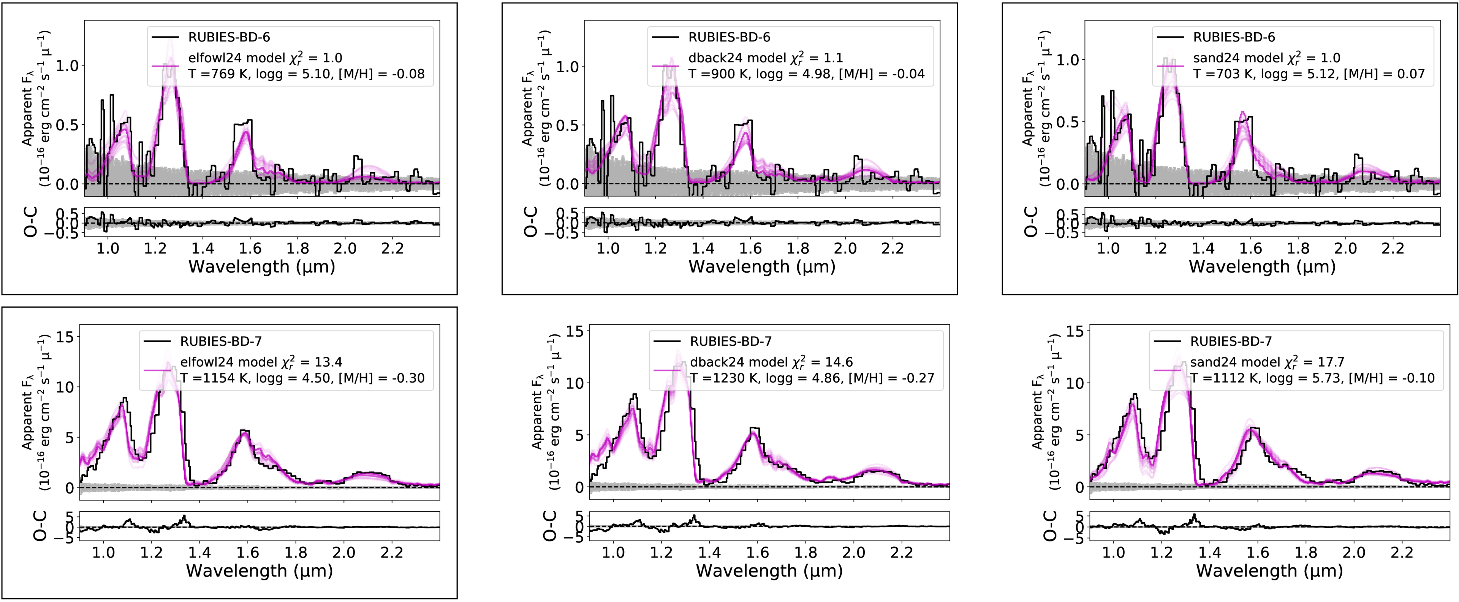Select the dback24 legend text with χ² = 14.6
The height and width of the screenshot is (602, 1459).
tap(771, 362)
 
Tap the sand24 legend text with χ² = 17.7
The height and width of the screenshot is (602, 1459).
tap(1267, 362)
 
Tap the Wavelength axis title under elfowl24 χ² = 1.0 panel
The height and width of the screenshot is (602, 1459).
tap(262, 267)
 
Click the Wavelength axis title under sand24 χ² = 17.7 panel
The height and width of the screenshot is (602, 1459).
tap(1269, 570)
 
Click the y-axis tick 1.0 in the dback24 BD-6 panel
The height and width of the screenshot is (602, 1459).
tap(568, 67)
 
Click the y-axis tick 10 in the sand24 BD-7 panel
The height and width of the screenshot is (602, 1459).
tap(1074, 383)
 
